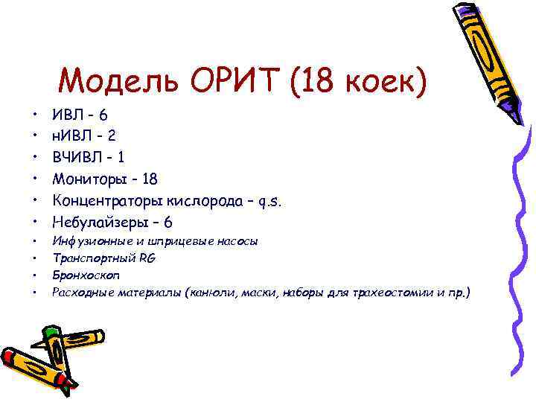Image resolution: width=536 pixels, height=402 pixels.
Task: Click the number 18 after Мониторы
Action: [148, 179]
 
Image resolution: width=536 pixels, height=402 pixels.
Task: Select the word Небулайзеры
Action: [97, 222]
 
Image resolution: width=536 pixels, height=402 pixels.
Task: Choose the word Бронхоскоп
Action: [80, 275]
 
